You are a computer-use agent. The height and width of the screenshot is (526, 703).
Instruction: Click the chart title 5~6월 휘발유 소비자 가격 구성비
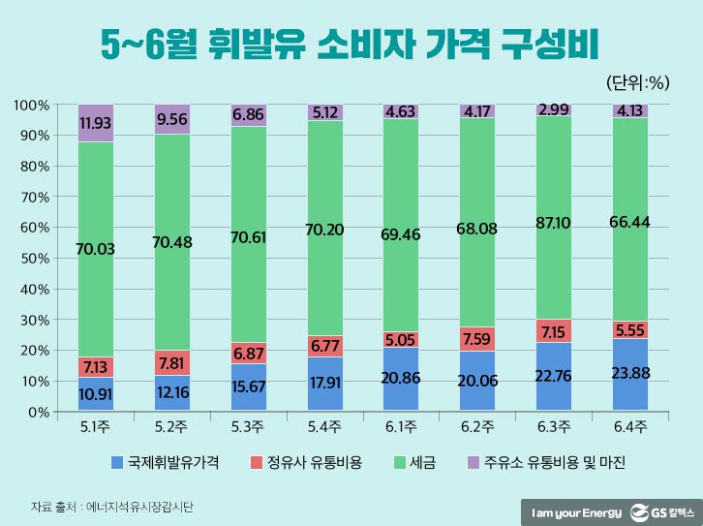coord(351,44)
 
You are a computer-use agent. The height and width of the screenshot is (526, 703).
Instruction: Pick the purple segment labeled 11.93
coord(96,123)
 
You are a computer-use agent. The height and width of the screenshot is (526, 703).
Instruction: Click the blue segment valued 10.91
coord(96,394)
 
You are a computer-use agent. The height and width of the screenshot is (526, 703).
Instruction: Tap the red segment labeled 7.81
coord(172,362)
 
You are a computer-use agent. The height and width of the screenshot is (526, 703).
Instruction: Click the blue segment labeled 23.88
coord(630,375)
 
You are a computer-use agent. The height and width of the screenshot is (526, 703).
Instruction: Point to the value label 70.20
coord(325,230)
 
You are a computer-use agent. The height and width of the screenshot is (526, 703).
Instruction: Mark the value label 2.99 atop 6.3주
coord(554,108)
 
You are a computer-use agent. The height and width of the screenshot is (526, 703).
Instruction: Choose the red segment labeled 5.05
coord(402,339)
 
